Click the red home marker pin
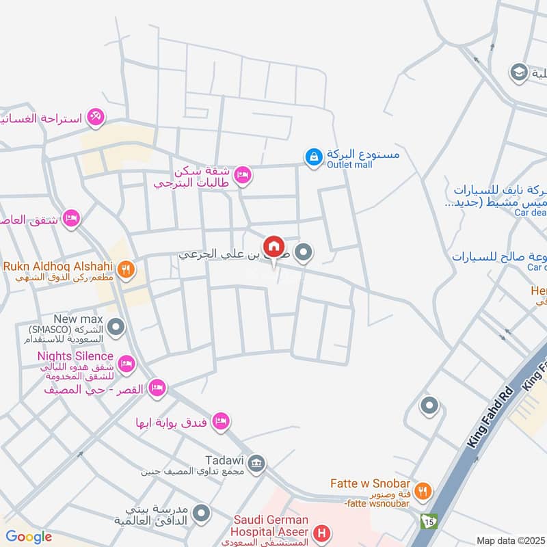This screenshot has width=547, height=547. pyautogui.click(x=274, y=247)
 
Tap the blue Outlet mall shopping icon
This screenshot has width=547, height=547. pyautogui.click(x=313, y=157)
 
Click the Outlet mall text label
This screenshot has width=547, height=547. pyautogui.click(x=349, y=165)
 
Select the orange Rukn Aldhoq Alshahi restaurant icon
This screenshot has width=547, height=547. pyautogui.click(x=125, y=269)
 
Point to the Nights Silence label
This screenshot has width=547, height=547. pyautogui.click(x=75, y=356)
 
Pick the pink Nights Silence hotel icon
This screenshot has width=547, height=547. pyautogui.click(x=126, y=362)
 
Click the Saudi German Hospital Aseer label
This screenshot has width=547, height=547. pyautogui.click(x=271, y=526)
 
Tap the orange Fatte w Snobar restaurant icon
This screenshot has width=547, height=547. pyautogui.click(x=424, y=490)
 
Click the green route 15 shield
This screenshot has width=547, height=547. pyautogui.click(x=429, y=520)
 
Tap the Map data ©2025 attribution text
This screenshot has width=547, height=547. pyautogui.click(x=510, y=541)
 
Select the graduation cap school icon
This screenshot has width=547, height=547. pyautogui.click(x=518, y=71)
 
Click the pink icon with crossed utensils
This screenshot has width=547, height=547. pyautogui.click(x=96, y=118)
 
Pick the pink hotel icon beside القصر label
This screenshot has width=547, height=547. pyautogui.click(x=158, y=388)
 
